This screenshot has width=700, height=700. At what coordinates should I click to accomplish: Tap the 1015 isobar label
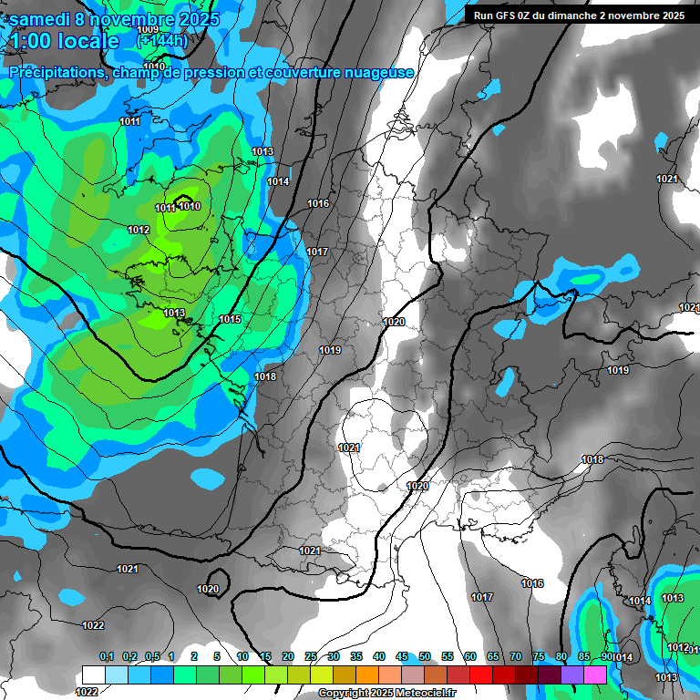(230, 319)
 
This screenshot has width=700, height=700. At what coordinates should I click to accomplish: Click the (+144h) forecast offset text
(162, 41)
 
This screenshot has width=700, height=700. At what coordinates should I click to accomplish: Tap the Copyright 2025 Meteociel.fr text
(387, 694)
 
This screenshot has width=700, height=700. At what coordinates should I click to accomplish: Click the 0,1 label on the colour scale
(106, 657)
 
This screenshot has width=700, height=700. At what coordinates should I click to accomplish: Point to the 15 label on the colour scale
(265, 657)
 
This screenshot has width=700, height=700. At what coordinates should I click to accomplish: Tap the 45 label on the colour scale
(402, 657)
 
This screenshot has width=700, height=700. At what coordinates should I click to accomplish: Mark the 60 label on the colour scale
(470, 657)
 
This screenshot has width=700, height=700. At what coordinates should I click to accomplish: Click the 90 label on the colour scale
(607, 657)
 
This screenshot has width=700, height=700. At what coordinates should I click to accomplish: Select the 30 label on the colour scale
(334, 657)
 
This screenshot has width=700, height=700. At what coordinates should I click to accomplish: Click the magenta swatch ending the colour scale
(595, 674)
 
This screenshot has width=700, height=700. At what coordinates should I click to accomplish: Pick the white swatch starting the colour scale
(93, 674)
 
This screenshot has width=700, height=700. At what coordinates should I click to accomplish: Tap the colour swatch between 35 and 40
(367, 674)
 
